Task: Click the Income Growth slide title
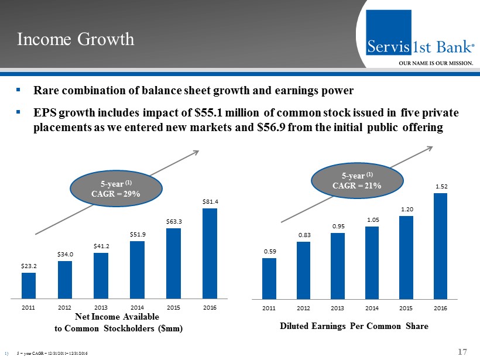[76, 39]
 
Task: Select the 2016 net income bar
[209, 253]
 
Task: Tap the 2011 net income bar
[29, 286]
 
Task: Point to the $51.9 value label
[137, 234]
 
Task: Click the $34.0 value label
[65, 254]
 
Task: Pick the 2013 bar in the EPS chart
[337, 266]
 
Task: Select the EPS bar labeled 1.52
[440, 246]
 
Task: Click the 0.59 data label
[269, 252]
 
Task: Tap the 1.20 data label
[407, 209]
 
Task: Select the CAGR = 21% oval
[357, 180]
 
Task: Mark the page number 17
[462, 352]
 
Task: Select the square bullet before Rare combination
[19, 91]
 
